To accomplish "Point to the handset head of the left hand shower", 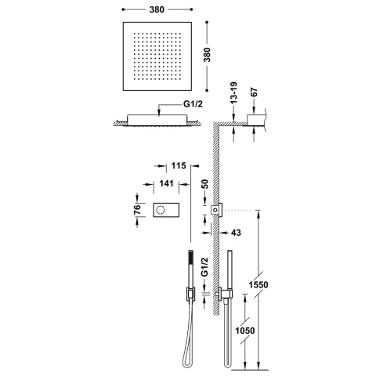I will [188, 262].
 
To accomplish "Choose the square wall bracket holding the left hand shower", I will [189, 294].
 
